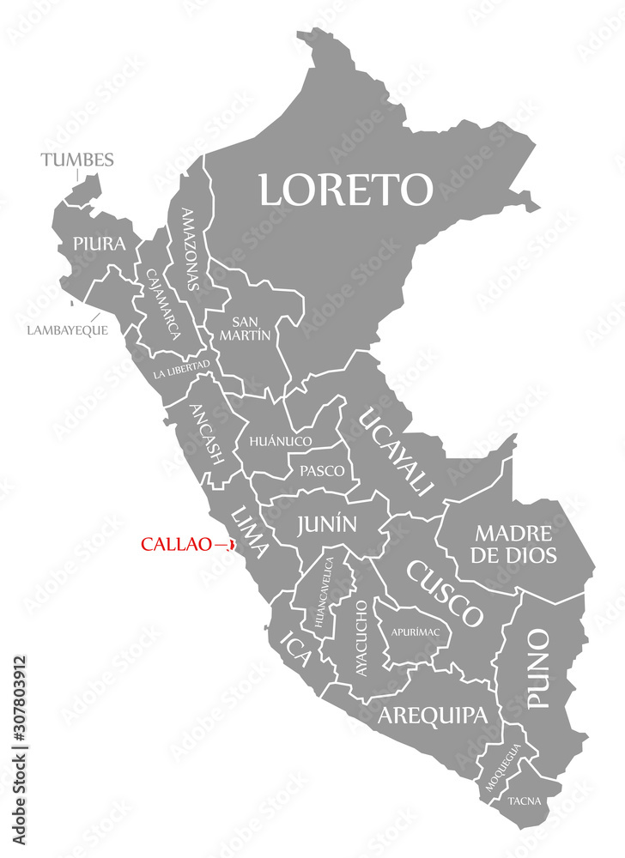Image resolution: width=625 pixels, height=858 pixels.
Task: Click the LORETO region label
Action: coord(346,189)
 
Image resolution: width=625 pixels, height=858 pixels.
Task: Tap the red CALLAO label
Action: coord(177,544)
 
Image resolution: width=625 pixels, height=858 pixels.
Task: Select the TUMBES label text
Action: coord(76,160)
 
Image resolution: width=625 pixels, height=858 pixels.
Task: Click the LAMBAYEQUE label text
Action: coord(68,329)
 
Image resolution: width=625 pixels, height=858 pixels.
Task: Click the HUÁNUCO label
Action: coord(280,441)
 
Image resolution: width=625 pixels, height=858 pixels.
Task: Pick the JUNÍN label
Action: coord(327,523)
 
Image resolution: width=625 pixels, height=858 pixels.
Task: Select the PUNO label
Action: coord(537,668)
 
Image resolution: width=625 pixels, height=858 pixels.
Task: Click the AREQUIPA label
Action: coord(432,715)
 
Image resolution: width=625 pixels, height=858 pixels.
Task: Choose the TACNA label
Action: coord(525,801)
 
